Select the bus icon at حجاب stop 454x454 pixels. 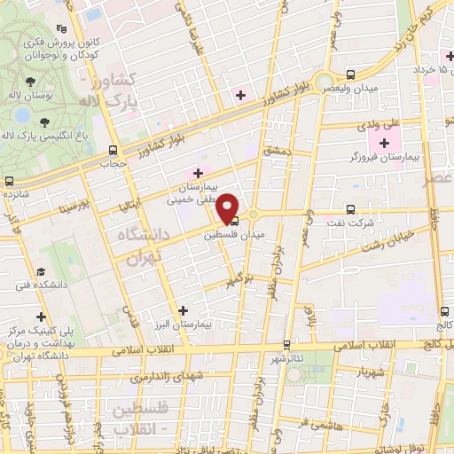click(x=112, y=150)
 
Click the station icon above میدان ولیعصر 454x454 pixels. click(x=351, y=74)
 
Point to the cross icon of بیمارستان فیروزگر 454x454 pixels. click(x=384, y=143)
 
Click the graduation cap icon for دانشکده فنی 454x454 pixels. click(x=40, y=271)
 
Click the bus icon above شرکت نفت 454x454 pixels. click(x=351, y=209)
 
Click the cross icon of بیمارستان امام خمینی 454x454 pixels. click(x=197, y=173)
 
